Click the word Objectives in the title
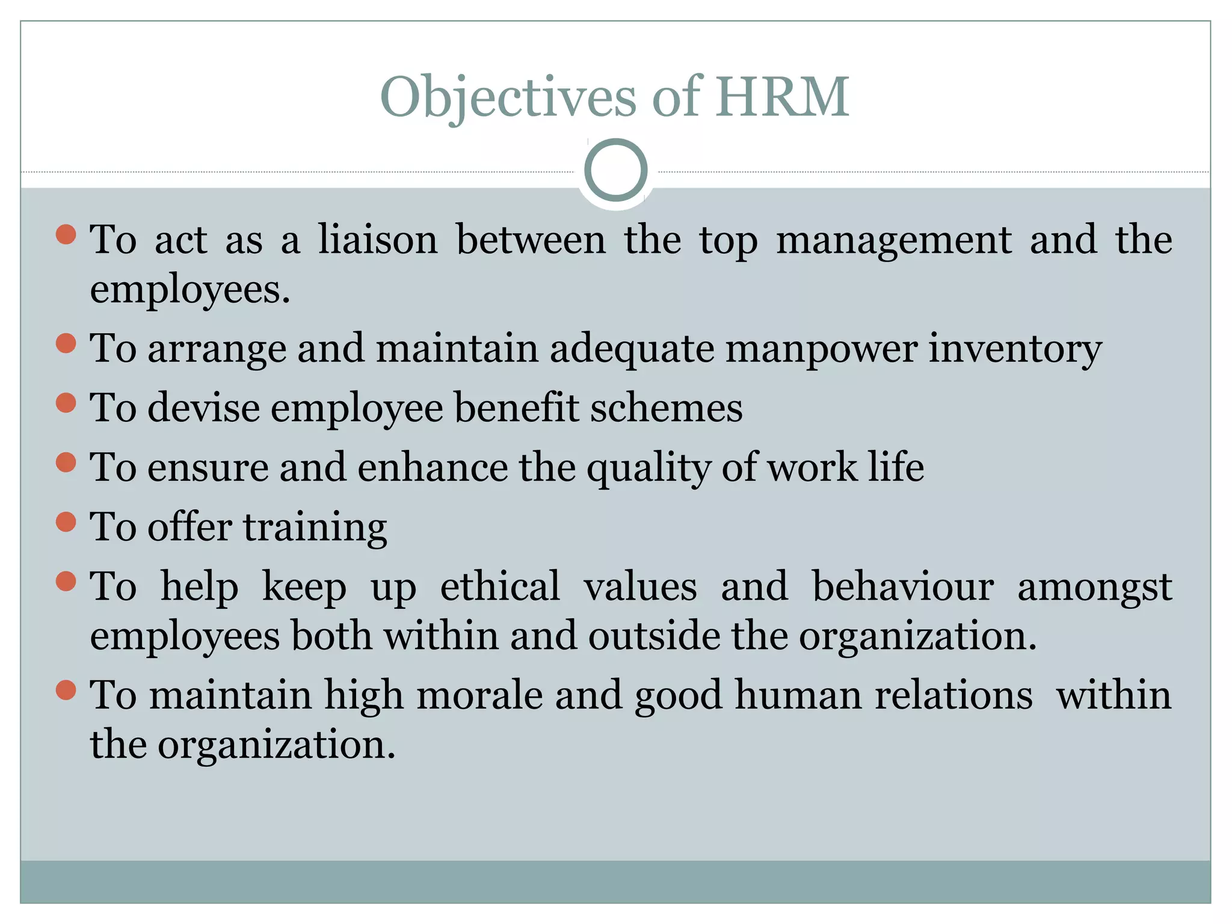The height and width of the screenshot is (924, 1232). click(x=508, y=97)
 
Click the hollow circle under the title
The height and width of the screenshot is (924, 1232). click(x=615, y=170)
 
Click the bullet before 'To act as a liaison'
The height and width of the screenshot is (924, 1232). click(x=66, y=235)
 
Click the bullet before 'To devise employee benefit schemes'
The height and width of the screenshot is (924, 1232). click(x=66, y=402)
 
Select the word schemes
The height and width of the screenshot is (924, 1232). click(x=666, y=408)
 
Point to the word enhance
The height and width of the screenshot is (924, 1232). click(x=433, y=467)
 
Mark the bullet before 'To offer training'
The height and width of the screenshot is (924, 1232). click(x=66, y=522)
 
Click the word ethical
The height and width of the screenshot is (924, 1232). click(x=500, y=586)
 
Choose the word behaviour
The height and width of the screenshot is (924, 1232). click(x=902, y=586)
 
